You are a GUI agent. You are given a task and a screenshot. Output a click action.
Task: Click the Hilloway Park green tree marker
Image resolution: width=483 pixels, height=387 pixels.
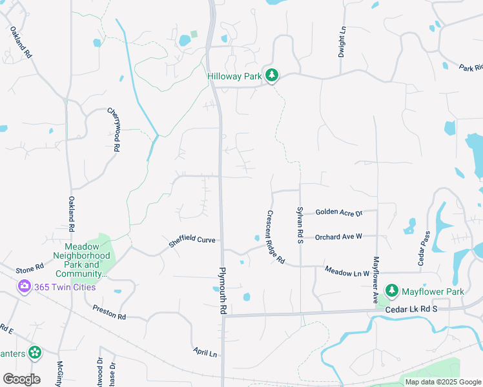click(272, 75)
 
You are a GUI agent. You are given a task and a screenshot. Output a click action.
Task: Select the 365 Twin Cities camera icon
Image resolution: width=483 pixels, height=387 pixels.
click(25, 286)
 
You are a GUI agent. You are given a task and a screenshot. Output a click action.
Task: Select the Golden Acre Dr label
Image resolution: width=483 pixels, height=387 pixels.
click(339, 212)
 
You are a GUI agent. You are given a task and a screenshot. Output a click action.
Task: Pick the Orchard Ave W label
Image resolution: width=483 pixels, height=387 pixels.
click(338, 237)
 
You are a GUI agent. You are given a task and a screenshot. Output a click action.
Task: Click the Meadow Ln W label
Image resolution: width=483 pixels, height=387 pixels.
click(347, 272)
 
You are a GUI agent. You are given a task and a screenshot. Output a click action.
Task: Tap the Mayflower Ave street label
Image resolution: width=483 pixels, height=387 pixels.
click(375, 280)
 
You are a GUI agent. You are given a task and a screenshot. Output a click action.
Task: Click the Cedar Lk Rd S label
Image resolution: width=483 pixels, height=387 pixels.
click(411, 309)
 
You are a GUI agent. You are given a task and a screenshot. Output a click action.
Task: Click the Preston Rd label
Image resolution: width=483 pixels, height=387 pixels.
click(109, 313)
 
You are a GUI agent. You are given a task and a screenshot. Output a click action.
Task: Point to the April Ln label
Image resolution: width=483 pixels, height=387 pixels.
click(205, 352)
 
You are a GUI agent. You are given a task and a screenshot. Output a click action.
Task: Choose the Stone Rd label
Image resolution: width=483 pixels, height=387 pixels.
click(30, 267)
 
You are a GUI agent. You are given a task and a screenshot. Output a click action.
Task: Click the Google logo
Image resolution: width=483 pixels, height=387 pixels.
click(21, 379)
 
